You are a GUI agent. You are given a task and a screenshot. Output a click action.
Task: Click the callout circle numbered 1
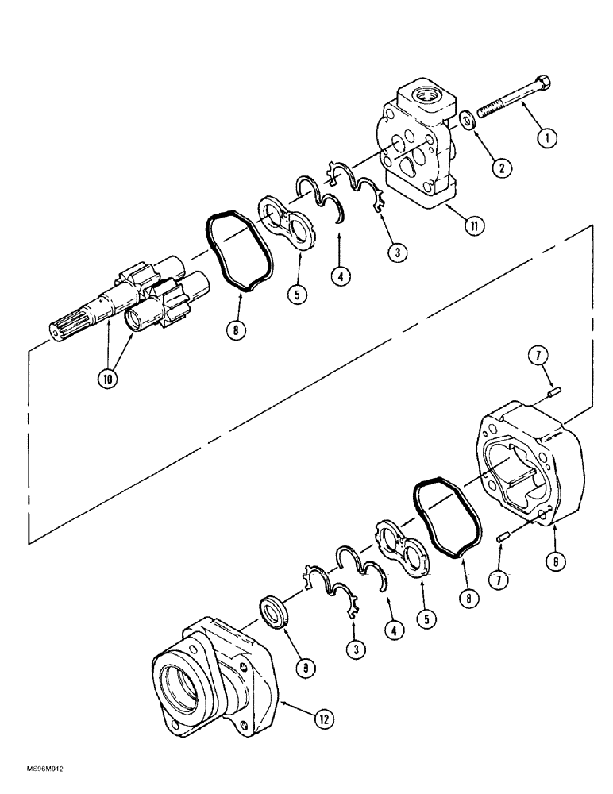coord(546,137)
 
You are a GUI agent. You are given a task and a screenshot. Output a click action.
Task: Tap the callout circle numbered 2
coord(501,168)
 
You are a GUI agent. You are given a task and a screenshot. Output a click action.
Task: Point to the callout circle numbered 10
coord(107,379)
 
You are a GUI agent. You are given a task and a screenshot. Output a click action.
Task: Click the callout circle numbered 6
coord(555,561)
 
